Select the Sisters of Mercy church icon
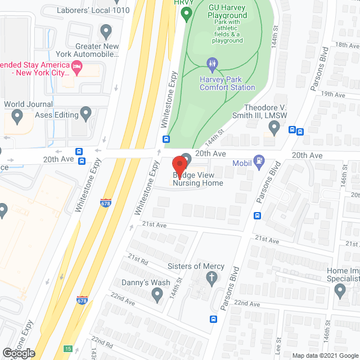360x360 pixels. coord(211,277)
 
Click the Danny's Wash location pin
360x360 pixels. coord(157,294)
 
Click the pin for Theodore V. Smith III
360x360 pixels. coord(274,129)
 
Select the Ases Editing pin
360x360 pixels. coord(85,115)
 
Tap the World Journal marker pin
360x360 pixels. coord(16,117)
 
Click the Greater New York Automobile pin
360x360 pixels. coord(105,31)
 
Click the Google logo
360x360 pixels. coord(18,353)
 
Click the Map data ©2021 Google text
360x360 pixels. coord(325,355)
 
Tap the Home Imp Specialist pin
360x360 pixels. coord(339,291)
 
